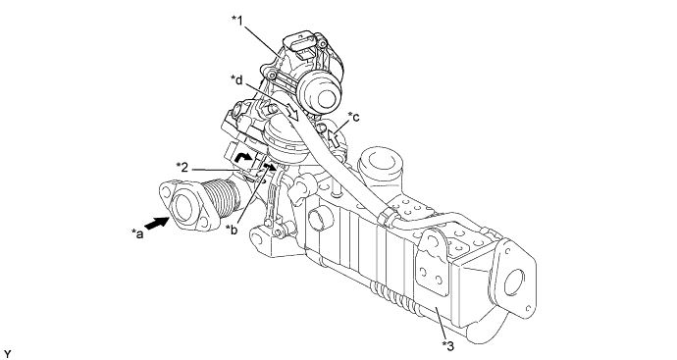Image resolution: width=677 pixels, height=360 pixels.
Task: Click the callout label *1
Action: [237, 21]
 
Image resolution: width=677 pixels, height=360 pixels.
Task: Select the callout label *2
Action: [182, 167]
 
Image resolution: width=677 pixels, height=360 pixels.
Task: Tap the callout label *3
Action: [447, 345]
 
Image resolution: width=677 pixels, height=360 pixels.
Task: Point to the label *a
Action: [137, 234]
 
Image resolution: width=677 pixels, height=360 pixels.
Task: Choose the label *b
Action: [233, 230]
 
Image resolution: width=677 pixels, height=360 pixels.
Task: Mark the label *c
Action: [353, 117]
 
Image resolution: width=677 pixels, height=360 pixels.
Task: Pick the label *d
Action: [237, 79]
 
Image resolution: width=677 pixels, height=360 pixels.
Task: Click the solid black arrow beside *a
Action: [156, 224]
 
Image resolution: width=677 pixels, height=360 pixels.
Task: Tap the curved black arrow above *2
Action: [243, 158]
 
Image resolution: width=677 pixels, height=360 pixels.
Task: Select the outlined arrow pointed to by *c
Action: [333, 138]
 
